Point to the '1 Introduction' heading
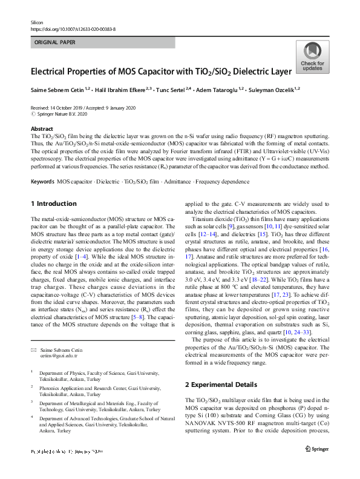pos(53,203)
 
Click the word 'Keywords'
pos(42,182)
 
